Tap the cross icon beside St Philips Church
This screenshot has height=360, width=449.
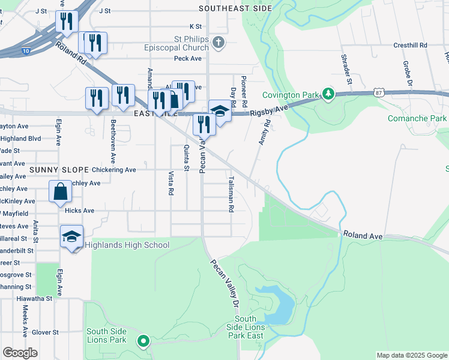pos(220,43)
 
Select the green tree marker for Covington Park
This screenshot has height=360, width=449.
pos(328,94)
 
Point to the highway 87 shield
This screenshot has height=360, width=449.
pos(378,92)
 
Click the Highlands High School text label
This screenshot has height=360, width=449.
pos(127,245)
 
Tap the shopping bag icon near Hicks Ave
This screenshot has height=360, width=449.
pos(61,192)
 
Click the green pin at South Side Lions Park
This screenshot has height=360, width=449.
pos(143,341)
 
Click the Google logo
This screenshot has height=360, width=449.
pos(20,353)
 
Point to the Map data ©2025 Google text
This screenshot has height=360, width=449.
pos(412,355)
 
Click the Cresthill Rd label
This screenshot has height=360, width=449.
pos(410,45)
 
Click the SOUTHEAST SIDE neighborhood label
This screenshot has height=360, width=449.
pos(235,8)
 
